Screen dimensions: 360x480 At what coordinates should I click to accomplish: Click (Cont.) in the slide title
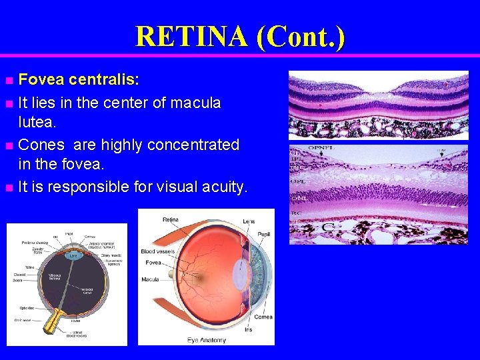point(300,37)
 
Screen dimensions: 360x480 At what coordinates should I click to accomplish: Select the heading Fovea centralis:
point(79,81)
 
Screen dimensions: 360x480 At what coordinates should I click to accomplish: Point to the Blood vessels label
point(157,251)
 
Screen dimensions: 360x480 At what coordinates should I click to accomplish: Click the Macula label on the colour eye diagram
point(151,279)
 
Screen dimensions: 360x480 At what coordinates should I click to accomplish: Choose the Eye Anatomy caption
point(207,340)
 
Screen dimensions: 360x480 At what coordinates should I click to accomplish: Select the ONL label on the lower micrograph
point(297,198)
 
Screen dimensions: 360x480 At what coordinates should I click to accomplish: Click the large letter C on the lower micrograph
point(329,227)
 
